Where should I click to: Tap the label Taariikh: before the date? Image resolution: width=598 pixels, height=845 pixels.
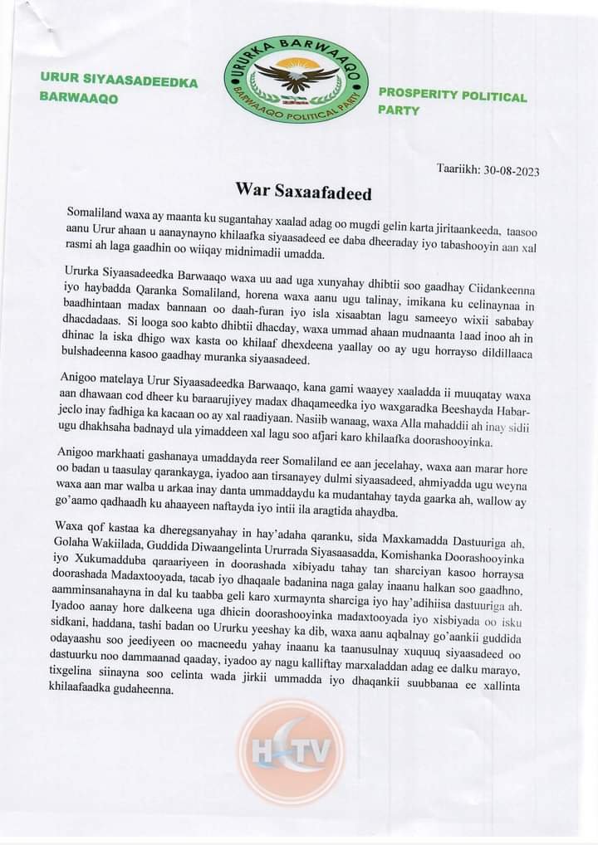(455, 170)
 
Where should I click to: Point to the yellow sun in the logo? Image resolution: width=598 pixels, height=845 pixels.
(297, 64)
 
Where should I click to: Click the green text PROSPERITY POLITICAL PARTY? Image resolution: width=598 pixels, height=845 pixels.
(452, 103)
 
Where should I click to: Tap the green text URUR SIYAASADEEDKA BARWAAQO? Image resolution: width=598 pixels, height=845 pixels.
(119, 90)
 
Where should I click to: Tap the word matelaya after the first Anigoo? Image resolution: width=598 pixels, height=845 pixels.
(121, 378)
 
